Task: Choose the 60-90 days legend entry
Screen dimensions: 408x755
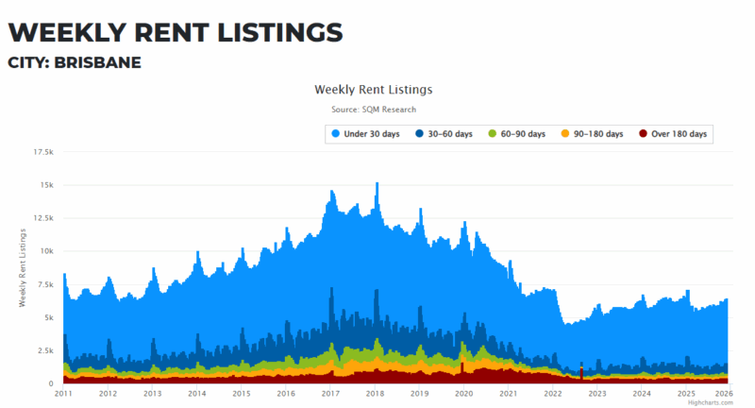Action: point(516,134)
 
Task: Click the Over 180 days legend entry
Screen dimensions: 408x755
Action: point(672,134)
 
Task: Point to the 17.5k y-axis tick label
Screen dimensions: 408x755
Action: point(43,151)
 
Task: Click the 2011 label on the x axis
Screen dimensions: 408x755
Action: point(63,393)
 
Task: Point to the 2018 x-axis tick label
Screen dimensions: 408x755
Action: point(375,393)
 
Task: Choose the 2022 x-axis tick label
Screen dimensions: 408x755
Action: point(553,393)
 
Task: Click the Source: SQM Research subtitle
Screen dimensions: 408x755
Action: point(373,110)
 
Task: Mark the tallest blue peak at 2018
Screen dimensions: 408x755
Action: point(377,184)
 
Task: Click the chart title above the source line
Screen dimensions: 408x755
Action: point(373,90)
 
